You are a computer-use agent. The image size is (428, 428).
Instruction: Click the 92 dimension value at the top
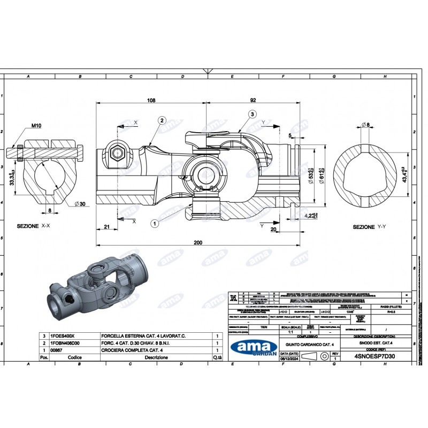(x=253, y=100)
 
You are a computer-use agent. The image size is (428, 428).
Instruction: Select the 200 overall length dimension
(x=197, y=242)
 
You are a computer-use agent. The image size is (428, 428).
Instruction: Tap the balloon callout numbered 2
(x=162, y=121)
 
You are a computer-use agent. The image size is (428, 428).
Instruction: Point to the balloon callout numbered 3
(x=251, y=114)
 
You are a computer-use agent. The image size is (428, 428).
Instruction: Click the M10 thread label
(x=36, y=126)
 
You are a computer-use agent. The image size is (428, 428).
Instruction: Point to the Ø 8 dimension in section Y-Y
(x=366, y=125)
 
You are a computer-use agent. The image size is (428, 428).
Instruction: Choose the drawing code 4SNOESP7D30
(x=374, y=355)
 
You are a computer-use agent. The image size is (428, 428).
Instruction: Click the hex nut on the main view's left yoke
(x=117, y=154)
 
